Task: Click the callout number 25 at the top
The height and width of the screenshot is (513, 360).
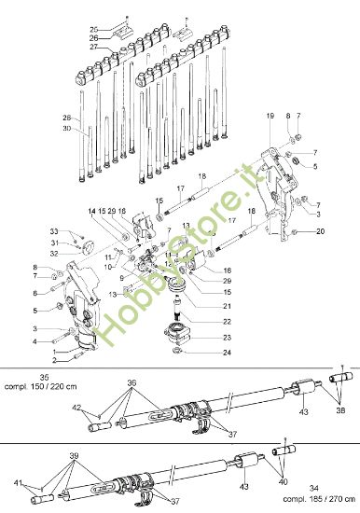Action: (x=93, y=29)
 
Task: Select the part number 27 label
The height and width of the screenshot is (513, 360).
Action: (x=93, y=47)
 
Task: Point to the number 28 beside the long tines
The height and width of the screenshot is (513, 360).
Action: (x=66, y=118)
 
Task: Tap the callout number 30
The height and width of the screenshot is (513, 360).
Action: (x=66, y=128)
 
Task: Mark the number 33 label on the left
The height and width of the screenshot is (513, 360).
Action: (x=54, y=231)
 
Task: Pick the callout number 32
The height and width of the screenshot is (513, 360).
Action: (x=54, y=253)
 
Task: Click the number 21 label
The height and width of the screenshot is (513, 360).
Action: (x=226, y=305)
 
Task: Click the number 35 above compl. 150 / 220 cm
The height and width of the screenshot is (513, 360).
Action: (x=44, y=377)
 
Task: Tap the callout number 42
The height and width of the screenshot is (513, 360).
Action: (x=76, y=407)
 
